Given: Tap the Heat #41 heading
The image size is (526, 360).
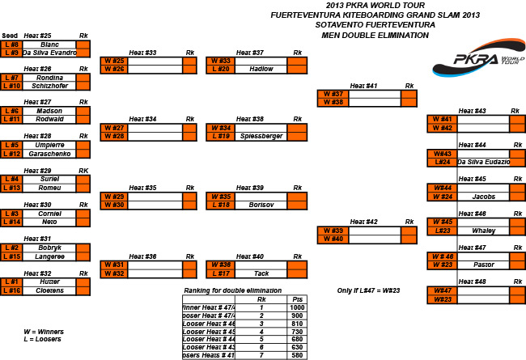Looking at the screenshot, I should [362, 86].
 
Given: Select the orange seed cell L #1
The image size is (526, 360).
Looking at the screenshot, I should [11, 282].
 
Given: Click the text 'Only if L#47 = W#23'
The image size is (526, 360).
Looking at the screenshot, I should [369, 290].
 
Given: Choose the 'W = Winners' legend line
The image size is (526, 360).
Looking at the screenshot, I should [44, 331].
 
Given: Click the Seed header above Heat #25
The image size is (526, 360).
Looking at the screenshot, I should [10, 36].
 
